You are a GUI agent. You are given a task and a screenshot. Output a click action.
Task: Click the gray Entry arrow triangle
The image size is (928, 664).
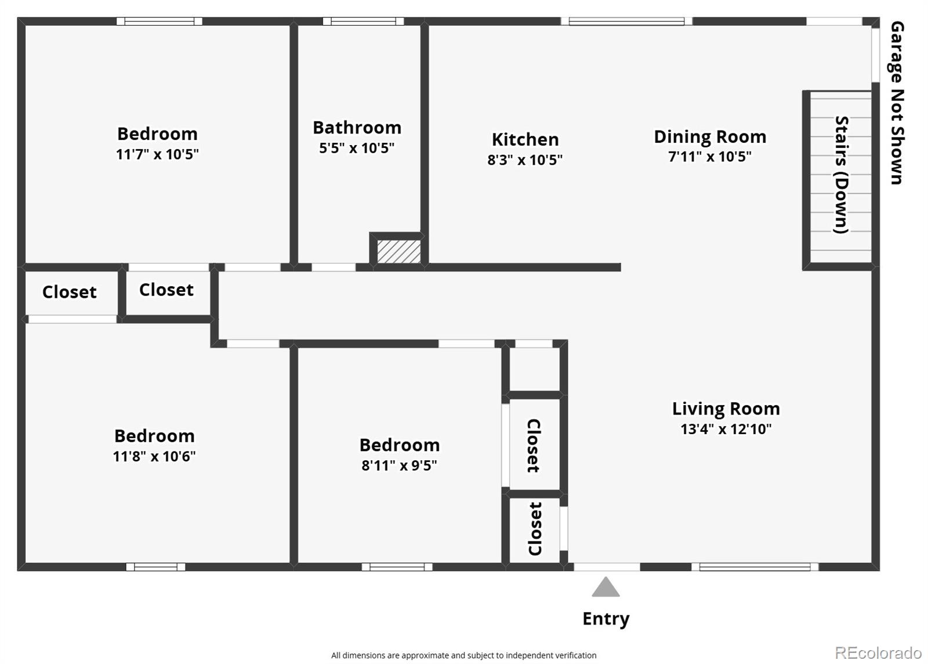point(606,587)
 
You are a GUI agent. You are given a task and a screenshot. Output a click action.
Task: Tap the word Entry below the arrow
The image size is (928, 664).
point(606,619)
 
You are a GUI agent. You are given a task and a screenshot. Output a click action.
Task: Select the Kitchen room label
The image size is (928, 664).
point(525,139)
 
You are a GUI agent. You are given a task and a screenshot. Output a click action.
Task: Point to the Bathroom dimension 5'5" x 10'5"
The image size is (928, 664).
point(357,148)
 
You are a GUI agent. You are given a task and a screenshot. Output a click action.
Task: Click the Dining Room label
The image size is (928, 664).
point(710,137)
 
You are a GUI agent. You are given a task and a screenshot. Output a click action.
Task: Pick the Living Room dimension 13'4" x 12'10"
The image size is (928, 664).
point(726,429)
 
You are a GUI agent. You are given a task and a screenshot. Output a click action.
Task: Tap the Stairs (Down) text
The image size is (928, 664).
point(842,175)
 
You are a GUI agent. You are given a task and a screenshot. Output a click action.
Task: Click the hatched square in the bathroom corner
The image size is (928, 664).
point(399,251)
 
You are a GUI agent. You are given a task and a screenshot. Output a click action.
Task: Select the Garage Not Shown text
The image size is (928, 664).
point(897,103)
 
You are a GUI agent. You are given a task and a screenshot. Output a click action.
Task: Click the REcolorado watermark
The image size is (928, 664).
point(878,653)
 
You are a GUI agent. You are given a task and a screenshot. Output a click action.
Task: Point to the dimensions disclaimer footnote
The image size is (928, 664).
point(463,655)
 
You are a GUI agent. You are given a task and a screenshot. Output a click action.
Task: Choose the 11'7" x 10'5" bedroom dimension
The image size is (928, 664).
point(157,154)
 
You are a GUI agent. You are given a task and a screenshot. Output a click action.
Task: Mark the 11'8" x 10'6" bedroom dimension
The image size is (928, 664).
point(154,456)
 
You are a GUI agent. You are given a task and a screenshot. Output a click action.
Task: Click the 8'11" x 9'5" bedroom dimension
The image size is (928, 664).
point(399,465)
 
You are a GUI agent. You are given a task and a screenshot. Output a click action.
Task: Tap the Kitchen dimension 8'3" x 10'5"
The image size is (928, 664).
point(525,160)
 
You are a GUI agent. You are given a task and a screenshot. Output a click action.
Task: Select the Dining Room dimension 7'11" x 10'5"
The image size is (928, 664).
point(710,157)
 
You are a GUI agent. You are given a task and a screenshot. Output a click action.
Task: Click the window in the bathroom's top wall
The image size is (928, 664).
point(363,21)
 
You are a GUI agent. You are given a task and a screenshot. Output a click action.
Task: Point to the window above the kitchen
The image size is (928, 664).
point(626,21)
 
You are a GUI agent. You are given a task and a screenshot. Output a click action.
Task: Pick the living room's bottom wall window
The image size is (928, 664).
point(755,566)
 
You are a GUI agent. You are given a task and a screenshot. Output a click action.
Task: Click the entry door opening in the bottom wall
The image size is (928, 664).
point(607,566)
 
